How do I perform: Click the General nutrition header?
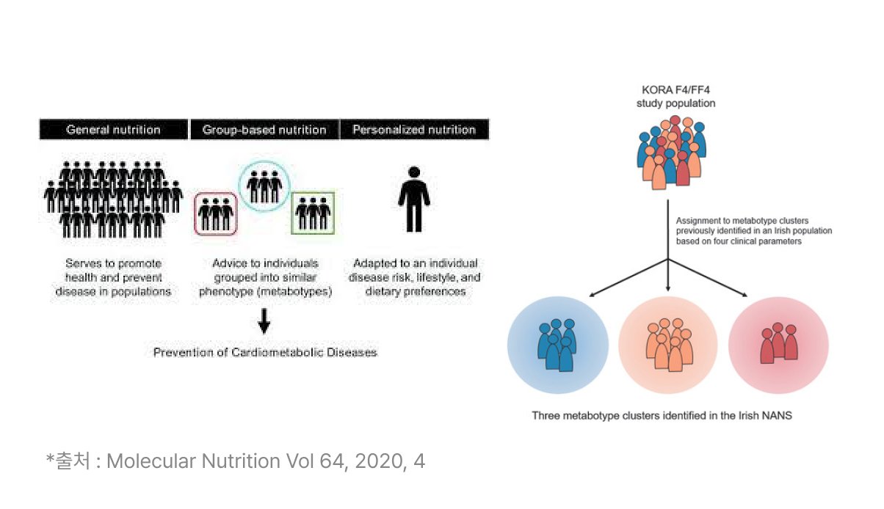coord(113,130)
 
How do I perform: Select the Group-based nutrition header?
coord(264,130)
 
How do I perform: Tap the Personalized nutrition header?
coord(414,130)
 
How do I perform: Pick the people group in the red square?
coord(216,214)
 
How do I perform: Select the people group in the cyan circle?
coord(264,186)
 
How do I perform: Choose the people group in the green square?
coord(314,213)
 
